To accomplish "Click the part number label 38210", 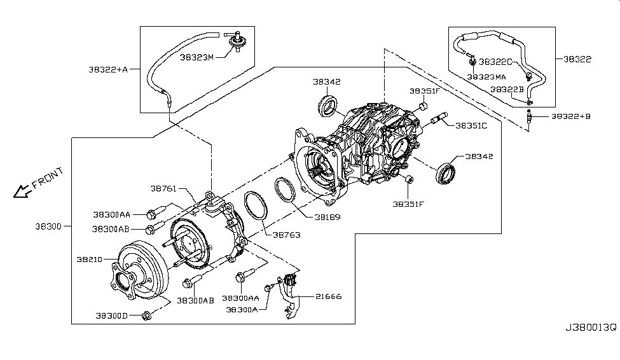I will click(x=90, y=260).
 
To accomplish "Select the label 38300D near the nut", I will click(x=113, y=315).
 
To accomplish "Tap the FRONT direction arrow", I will click(x=22, y=189).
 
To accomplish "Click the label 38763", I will click(x=287, y=235).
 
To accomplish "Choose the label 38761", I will click(x=164, y=188).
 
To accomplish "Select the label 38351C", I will click(x=471, y=125).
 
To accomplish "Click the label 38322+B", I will click(x=570, y=116).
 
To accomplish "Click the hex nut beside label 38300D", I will click(x=146, y=315).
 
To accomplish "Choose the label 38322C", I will click(x=495, y=62).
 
